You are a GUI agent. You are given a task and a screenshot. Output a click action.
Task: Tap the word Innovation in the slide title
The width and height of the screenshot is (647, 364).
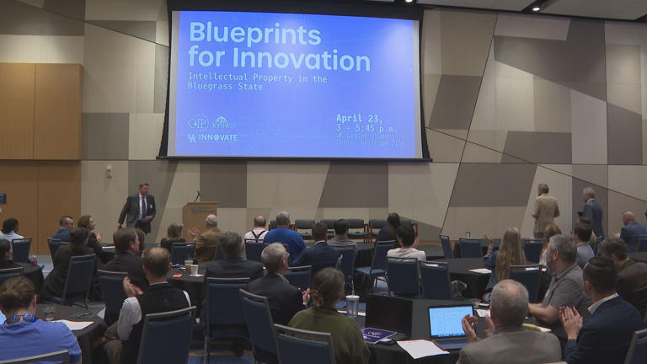pos(302,60)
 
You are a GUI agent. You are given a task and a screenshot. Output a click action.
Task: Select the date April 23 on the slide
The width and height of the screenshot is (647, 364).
pos(361,118)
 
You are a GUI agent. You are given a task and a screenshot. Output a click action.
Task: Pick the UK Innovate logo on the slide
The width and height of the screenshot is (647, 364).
pos(213,137)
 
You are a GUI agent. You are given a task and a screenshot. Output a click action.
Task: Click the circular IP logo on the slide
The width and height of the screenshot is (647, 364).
pos(198,122)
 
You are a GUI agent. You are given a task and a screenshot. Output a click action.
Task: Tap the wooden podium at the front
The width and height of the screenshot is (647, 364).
pos(200,217)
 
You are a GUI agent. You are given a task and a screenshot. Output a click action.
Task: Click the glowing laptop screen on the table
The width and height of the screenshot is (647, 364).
pos(448,321)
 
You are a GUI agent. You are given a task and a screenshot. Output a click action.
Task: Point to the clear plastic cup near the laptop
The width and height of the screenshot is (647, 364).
pos(352,305)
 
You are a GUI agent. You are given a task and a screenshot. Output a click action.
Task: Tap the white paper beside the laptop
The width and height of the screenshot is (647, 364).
pos(421,348)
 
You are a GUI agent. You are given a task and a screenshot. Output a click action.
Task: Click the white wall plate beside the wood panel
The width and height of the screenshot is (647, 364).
pos(109,171)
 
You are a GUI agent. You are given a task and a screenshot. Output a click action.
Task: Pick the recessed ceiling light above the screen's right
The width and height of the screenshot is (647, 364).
pos(536,7)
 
